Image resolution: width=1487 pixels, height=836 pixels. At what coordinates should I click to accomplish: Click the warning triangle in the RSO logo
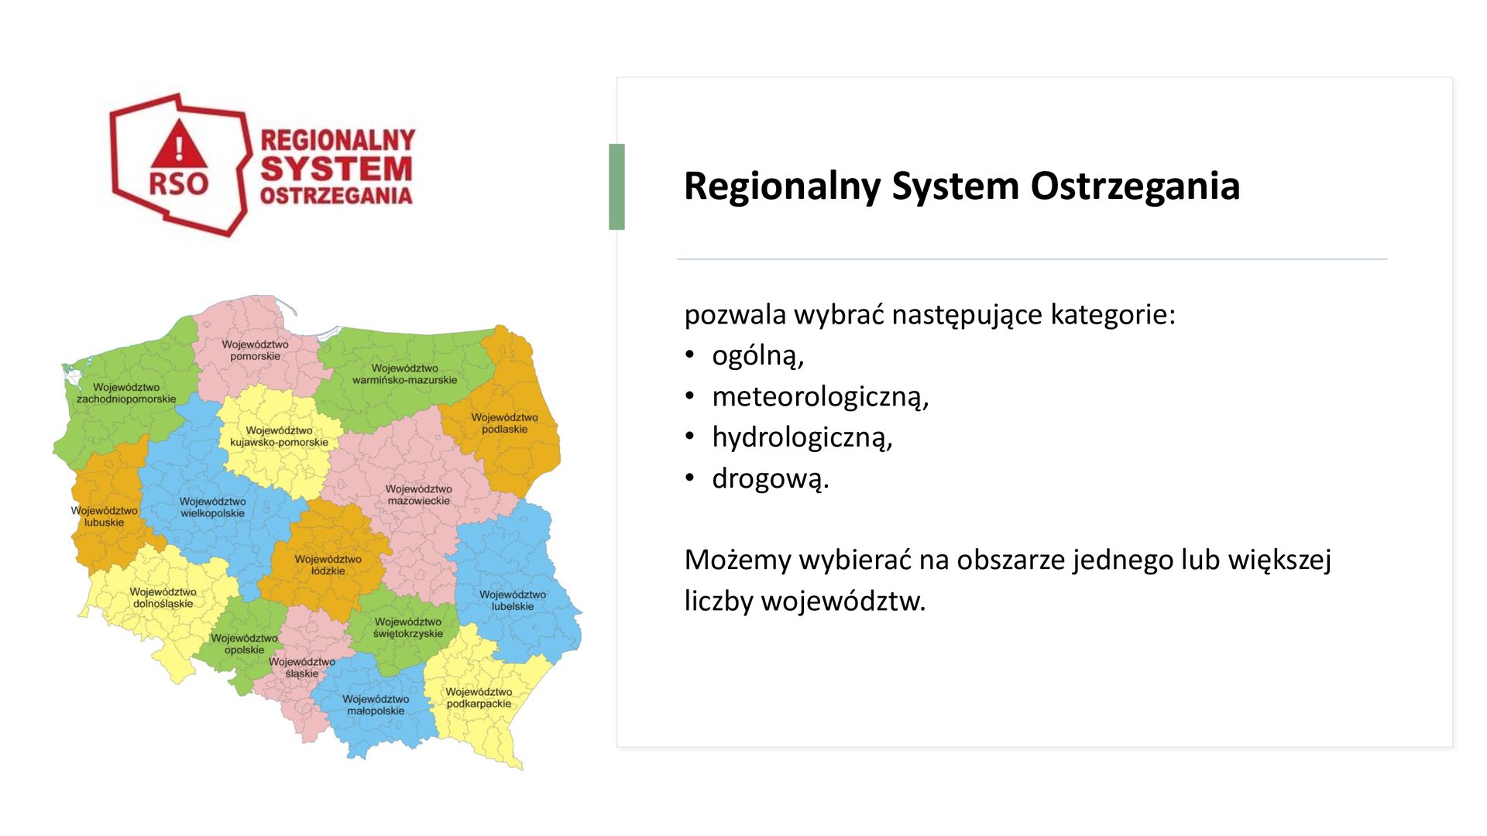click(x=179, y=146)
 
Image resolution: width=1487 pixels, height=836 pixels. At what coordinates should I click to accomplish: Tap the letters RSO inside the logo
click(x=179, y=184)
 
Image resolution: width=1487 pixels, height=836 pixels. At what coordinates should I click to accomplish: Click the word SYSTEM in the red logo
click(x=336, y=169)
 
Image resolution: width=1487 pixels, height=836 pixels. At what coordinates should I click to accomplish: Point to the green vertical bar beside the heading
click(x=616, y=187)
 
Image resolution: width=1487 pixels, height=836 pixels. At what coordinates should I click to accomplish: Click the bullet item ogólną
click(x=757, y=355)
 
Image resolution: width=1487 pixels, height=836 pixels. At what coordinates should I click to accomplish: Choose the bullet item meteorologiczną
click(x=819, y=396)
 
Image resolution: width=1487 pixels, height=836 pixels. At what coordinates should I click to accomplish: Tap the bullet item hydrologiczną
click(x=802, y=437)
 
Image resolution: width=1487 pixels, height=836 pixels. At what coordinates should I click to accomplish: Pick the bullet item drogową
click(x=770, y=478)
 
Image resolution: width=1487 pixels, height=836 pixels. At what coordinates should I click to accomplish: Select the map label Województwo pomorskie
click(x=255, y=351)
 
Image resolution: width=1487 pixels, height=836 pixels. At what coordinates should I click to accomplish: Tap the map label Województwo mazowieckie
click(x=418, y=495)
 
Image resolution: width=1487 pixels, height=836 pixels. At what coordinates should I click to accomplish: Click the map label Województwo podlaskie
click(x=504, y=423)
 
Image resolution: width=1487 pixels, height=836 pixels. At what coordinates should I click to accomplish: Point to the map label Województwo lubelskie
click(x=512, y=601)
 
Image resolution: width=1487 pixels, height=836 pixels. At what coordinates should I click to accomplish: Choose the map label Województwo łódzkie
click(x=328, y=565)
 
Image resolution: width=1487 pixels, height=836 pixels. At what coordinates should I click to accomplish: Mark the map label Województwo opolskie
click(x=244, y=644)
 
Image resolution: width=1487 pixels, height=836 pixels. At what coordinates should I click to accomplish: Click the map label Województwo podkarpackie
click(x=479, y=697)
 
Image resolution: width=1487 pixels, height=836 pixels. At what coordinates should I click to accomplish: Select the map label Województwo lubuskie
click(x=104, y=516)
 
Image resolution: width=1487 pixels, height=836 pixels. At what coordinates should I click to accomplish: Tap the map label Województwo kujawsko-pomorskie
click(x=279, y=437)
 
